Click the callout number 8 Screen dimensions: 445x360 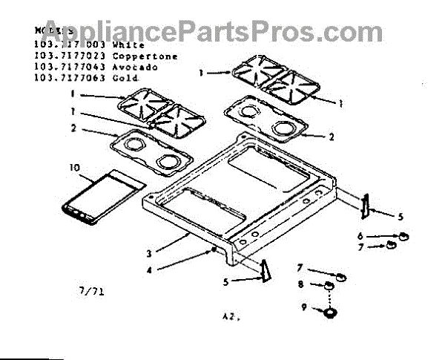(x=300, y=284)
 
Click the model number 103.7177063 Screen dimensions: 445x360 (x=59, y=76)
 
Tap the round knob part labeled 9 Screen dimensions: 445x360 (x=326, y=312)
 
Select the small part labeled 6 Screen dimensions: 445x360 (x=403, y=235)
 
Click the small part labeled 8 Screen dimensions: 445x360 (x=326, y=286)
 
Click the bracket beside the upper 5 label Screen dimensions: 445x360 (x=365, y=207)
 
